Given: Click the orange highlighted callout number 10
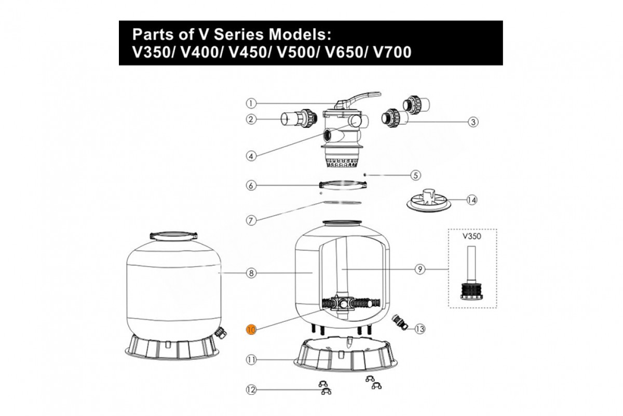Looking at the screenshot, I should (x=251, y=329).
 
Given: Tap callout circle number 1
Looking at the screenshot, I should (x=251, y=102).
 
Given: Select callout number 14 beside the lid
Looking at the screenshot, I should (x=471, y=200).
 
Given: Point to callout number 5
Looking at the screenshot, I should (x=415, y=175).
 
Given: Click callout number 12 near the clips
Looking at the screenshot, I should (x=251, y=389).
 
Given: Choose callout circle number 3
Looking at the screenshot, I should (x=472, y=122).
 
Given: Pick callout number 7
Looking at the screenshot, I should (x=251, y=220).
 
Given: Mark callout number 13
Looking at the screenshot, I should (x=420, y=329).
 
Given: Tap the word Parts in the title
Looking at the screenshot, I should (x=153, y=35).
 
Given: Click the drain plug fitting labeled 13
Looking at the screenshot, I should (x=400, y=322).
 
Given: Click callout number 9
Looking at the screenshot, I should (x=420, y=269).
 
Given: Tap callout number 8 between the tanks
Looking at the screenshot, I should (x=251, y=273).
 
